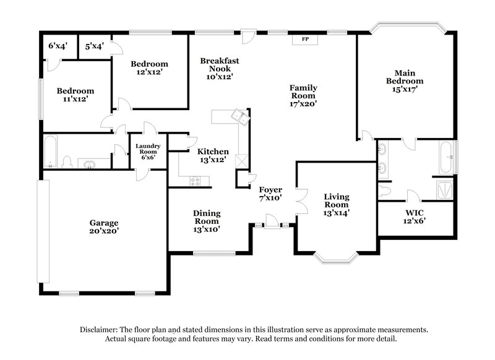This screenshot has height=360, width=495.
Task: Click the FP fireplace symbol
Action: pos(305,39)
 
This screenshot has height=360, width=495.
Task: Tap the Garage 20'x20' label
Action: pos(103,226)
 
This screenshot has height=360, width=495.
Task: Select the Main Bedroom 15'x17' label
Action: pos(405,80)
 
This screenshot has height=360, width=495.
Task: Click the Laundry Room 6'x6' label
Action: pos(148,152)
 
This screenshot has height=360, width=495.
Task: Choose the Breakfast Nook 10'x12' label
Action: pos(219,69)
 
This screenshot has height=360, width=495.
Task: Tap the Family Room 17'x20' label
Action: pos(303,96)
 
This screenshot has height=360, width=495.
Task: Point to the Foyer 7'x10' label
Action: pos(270,194)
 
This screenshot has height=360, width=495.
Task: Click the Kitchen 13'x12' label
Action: pos(213,155)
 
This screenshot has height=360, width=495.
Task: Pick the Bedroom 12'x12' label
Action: pos(149,68)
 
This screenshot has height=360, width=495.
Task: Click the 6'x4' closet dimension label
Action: pos(58,46)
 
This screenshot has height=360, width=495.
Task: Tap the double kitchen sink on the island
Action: pos(238,114)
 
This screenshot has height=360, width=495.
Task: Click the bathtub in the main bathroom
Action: pos(446,158)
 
